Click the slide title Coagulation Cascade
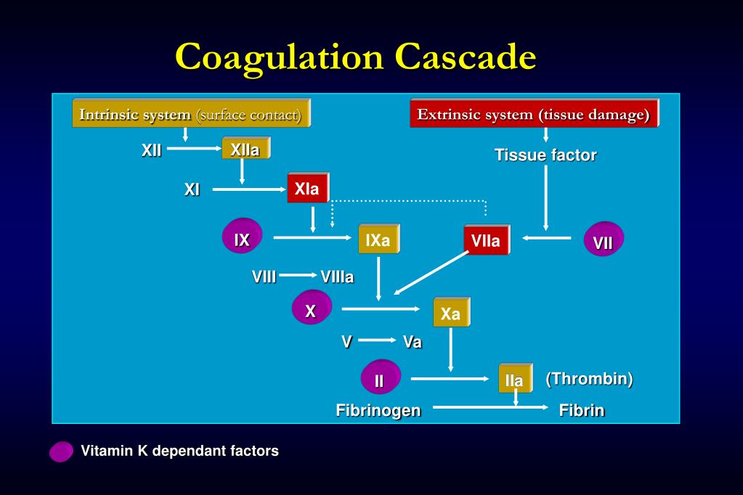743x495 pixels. point(356,57)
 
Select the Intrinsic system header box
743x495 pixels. point(191,114)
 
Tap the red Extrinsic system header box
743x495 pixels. point(534,114)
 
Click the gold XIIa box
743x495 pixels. point(245,150)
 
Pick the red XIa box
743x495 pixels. point(307,189)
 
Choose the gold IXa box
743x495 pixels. point(378,240)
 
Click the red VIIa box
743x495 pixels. point(486,240)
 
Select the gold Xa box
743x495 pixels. point(451,314)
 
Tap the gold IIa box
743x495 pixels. point(514,380)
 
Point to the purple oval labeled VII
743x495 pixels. point(604,241)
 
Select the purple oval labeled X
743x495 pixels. point(311,310)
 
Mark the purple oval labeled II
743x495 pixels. point(380,379)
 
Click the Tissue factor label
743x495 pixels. point(545,155)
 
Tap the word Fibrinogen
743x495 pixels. point(378,410)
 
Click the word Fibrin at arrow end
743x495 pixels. point(582,410)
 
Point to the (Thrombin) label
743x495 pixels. point(589,379)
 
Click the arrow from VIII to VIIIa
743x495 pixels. point(297,275)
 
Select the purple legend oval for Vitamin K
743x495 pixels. point(61,451)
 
